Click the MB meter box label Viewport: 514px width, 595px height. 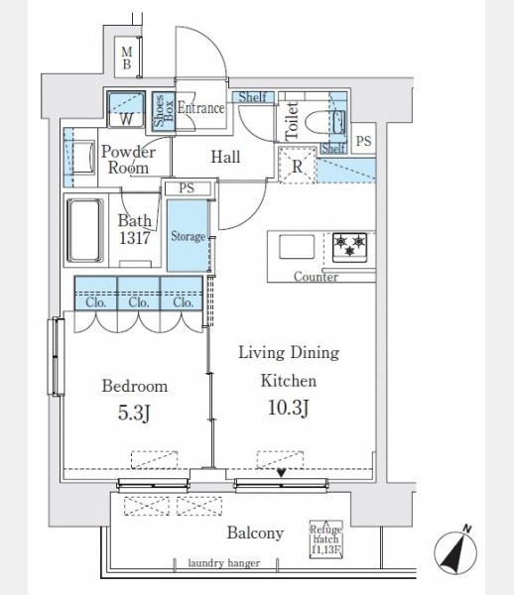pos(127,58)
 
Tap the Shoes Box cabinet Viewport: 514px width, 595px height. pos(164,112)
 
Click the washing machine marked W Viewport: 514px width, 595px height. pos(126,109)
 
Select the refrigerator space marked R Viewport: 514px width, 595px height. pos(298,166)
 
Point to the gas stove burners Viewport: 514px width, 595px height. pos(349,247)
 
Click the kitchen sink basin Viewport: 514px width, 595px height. pos(297,247)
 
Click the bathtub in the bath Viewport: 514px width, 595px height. pos(85,230)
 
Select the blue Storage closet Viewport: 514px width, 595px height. pos(188,236)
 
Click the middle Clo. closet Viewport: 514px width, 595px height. pos(139,294)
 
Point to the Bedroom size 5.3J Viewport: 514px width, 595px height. pos(134,414)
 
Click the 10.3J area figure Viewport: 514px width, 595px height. pos(289,409)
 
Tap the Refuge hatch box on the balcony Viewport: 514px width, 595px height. pos(326,538)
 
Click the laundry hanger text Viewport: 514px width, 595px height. pos(224,563)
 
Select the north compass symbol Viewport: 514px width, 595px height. pos(455,549)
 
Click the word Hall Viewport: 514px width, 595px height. pos(225,157)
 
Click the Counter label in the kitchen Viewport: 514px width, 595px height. pos(316,277)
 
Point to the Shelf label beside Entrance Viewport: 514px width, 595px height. pos(252,97)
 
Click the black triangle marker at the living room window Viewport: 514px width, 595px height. pos(281,473)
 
